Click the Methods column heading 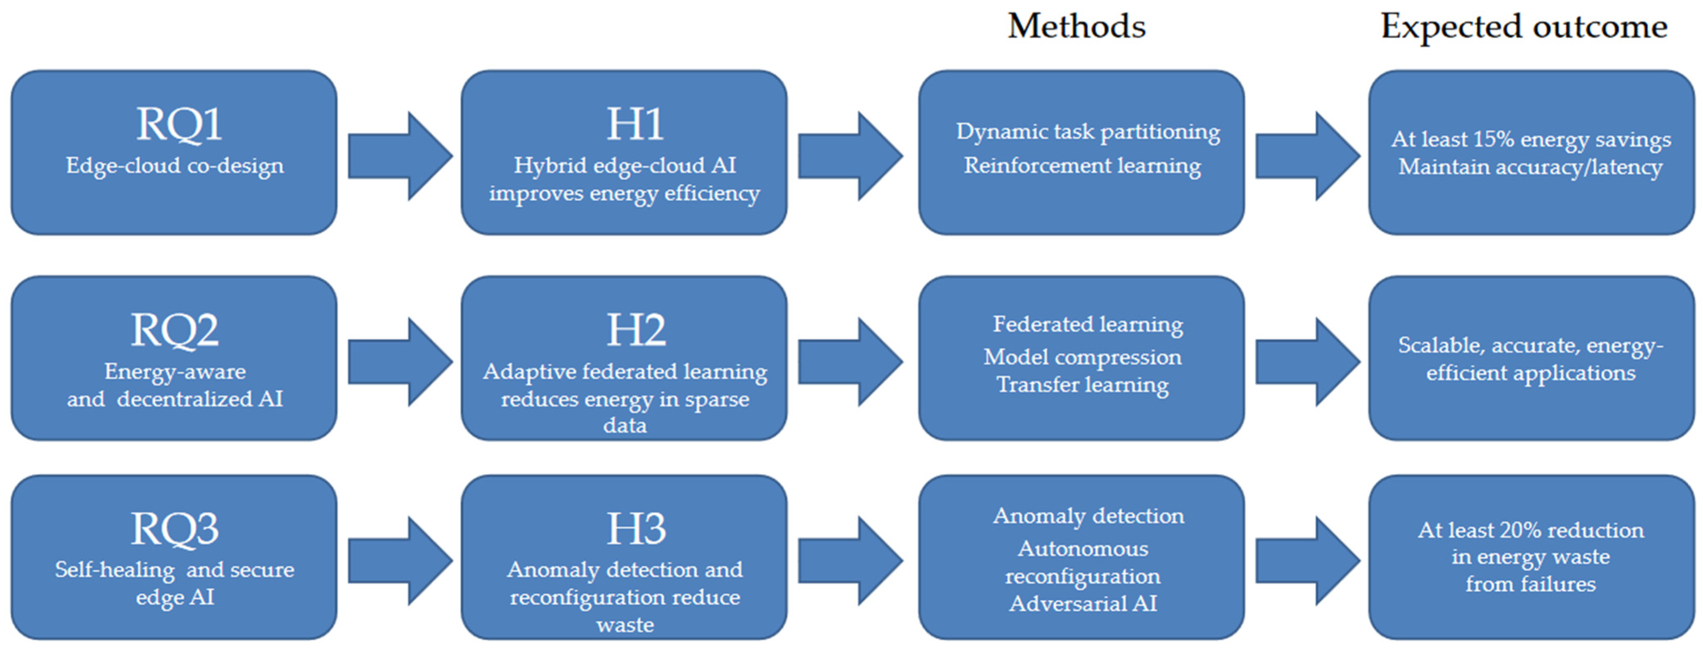click(1076, 26)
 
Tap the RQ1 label click(178, 124)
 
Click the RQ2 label click(174, 330)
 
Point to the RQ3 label click(174, 529)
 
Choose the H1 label click(635, 124)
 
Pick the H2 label click(636, 330)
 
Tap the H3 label click(636, 529)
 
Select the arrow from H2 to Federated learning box click(849, 362)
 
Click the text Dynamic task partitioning click(1088, 132)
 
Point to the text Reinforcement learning click(1082, 165)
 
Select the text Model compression click(1082, 357)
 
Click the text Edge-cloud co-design click(174, 165)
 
